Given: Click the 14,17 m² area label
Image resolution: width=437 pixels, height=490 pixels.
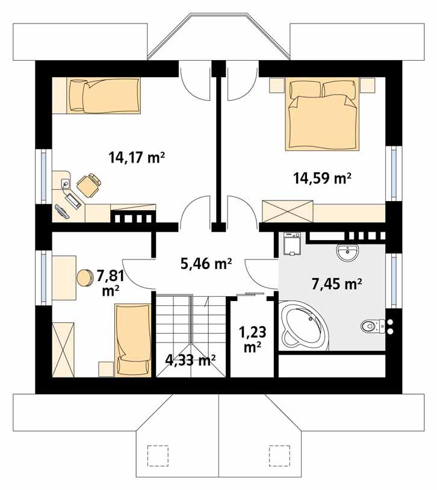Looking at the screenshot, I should click(137, 158).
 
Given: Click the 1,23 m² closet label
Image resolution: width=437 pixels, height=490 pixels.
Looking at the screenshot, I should click(252, 339).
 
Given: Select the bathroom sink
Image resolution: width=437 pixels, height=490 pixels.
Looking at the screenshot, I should click(349, 253).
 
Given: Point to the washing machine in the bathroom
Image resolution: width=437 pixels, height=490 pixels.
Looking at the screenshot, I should click(291, 244).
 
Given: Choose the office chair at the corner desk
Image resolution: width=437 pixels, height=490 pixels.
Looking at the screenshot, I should click(89, 184).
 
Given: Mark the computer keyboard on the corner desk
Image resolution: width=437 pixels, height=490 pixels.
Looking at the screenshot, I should click(63, 210).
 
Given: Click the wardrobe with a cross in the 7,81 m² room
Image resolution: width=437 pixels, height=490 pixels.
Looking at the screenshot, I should click(64, 349).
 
